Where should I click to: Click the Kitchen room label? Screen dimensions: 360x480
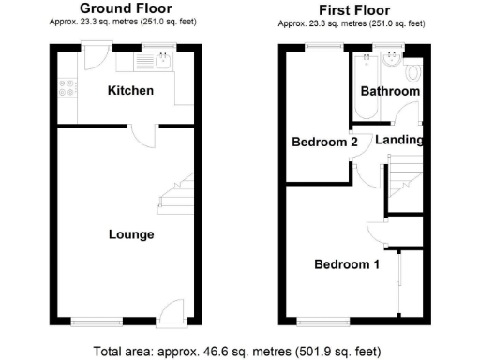130,91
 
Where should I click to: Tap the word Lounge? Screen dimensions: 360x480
130,233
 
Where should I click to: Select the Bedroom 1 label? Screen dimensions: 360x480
347,264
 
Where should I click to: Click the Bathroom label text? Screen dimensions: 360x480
390,92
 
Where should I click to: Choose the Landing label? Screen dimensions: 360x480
400,141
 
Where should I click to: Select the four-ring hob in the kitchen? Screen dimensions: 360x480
67,88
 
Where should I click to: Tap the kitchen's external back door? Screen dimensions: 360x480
94,58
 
